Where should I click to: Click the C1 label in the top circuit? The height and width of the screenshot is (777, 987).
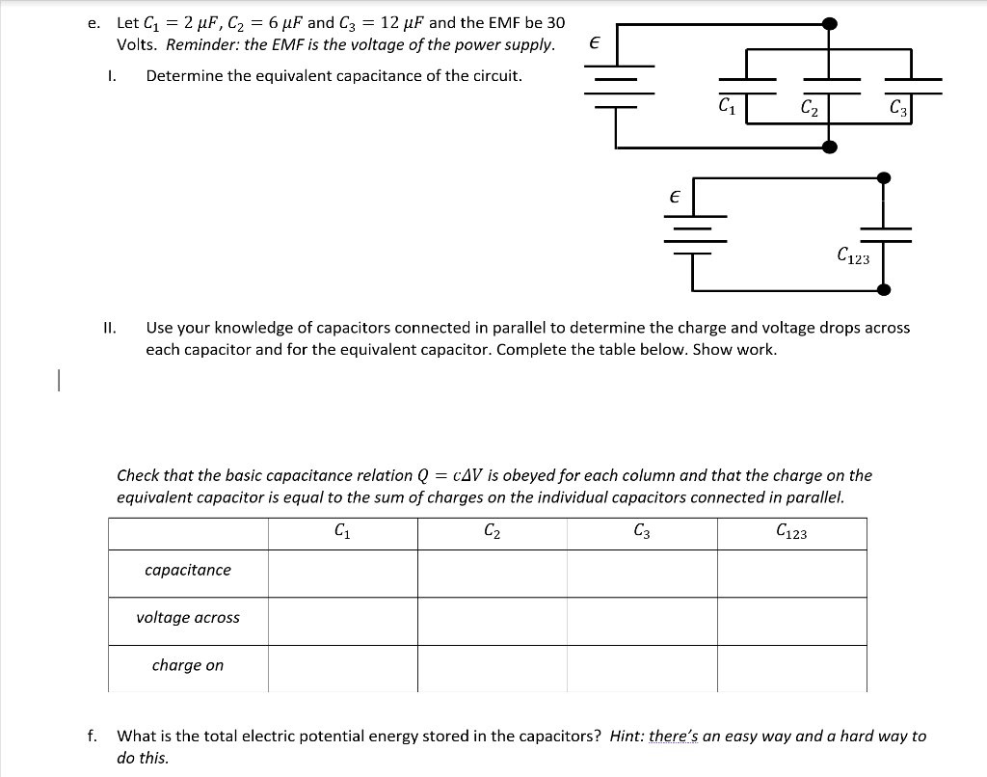727,103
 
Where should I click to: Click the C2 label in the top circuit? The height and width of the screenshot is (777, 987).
810,107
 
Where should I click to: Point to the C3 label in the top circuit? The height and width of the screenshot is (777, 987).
897,107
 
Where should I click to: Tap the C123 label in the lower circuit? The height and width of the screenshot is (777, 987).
853,256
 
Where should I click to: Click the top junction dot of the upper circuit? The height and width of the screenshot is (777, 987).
829,24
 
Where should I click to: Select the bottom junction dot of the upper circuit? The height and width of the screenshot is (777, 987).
829,147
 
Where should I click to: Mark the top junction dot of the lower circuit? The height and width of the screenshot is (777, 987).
883,177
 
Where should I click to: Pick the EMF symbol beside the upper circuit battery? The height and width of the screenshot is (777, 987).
594,43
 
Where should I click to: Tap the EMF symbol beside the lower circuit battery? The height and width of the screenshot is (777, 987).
675,195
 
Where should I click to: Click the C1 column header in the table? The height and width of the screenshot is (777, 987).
341,530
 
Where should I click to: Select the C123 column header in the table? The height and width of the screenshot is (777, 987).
791,530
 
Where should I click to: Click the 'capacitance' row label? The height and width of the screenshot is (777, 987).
188,570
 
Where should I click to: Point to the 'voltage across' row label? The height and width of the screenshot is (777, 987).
188,618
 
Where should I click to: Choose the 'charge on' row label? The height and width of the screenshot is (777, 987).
188,665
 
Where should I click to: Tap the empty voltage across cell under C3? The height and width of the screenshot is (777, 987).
642,620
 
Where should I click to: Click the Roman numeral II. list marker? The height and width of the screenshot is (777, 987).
109,328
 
